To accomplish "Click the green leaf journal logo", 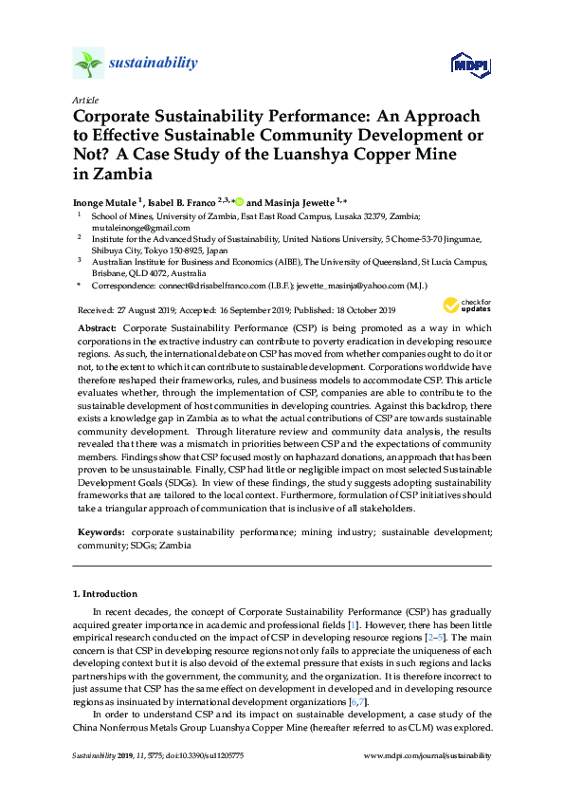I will [88, 64].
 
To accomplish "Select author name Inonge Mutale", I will [103, 202].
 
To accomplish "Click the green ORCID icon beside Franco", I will [240, 202].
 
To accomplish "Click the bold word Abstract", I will [99, 327].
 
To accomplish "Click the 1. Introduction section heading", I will [108, 594].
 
